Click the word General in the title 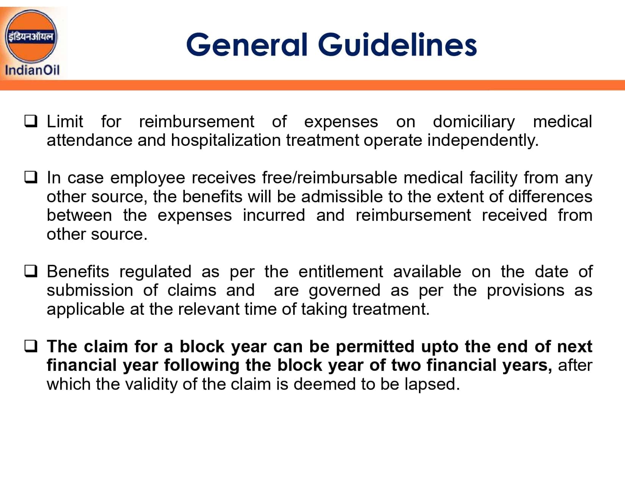pos(247,45)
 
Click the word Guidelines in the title pos(397,44)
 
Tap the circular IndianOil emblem pos(31,36)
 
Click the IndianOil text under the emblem pos(32,70)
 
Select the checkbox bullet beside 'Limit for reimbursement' pos(31,121)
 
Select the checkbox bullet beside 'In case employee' pos(31,177)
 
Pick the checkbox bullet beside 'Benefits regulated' pos(31,271)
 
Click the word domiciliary pos(474,122)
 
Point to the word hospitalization pos(226,141)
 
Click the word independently pos(483,141)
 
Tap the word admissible pos(342,197)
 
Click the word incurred pos(274,215)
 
